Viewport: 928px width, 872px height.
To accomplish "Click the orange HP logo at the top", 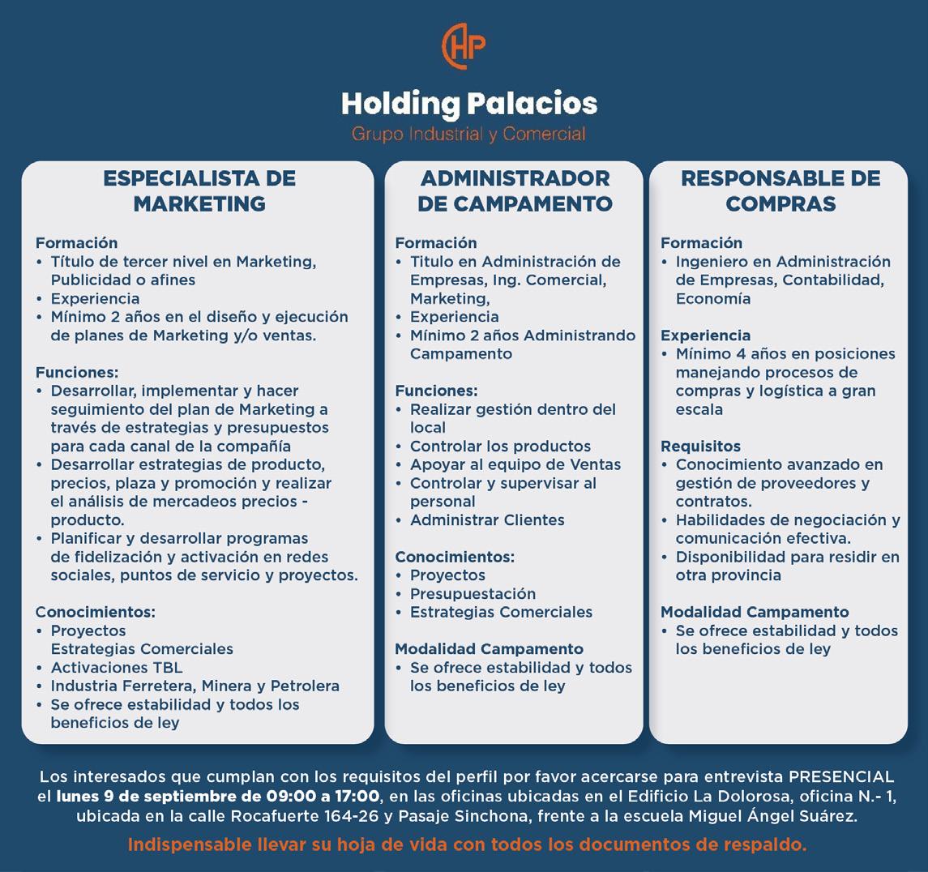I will pos(464,47).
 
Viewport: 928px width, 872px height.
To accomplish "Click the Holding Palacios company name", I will pos(468,104).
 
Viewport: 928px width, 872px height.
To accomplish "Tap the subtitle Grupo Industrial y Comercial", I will pos(468,134).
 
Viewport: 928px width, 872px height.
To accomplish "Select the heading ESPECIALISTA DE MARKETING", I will pos(199,190).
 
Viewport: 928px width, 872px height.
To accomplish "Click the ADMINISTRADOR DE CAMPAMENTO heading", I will pos(515,190).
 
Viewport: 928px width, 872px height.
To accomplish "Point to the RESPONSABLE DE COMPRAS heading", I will pos(780,190).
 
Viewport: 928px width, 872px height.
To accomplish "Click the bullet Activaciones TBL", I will pos(116,668).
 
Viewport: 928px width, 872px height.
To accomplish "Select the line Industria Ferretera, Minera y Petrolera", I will pos(195,686).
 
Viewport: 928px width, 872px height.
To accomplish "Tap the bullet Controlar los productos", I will pos(500,447).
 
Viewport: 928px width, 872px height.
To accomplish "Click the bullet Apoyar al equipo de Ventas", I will pos(515,465).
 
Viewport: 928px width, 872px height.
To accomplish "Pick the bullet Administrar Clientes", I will pos(487,520).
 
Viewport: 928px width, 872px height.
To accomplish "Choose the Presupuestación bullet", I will pos(473,594).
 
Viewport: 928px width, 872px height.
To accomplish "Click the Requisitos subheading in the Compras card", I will pos(700,447).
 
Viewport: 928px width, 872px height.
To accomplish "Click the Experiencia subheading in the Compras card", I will pos(705,336).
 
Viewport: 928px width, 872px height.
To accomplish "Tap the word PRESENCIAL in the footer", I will pos(841,777).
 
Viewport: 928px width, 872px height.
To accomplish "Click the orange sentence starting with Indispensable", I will pos(467,844).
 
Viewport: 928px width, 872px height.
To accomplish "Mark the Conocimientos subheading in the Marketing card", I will pos(95,613).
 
